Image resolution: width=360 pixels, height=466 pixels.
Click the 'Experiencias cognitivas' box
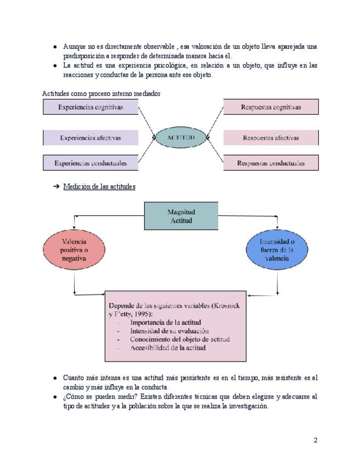coord(91,107)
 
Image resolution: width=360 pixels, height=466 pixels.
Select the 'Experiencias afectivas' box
coord(91,138)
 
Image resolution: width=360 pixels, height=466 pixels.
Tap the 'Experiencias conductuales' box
coord(91,163)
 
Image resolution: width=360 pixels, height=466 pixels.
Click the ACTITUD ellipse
coord(181,137)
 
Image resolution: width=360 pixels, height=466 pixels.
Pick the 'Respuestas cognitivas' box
coord(271,107)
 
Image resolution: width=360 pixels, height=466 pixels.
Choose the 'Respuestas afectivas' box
coord(271,138)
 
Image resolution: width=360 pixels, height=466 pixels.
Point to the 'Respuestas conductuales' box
coord(271,163)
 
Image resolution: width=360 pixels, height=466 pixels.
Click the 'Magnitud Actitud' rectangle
coord(181,216)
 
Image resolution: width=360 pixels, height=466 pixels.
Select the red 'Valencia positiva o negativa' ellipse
coord(74,250)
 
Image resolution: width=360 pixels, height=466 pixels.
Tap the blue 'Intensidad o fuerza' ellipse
coord(276,249)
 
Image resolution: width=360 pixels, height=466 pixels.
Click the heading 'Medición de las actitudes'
coord(99,187)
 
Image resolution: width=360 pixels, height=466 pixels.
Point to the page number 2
coord(315,440)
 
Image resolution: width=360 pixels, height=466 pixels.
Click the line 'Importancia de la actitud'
coord(165,323)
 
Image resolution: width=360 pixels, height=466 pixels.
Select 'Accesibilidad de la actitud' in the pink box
coord(168,348)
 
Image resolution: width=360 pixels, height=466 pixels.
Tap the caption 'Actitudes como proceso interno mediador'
coord(101,94)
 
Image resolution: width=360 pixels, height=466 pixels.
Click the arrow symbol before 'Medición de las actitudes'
coord(56,187)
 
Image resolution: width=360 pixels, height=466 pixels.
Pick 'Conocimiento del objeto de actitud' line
coord(180,340)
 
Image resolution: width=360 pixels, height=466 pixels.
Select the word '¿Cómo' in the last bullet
coord(73,396)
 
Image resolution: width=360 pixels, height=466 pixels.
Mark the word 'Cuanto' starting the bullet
coord(73,378)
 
